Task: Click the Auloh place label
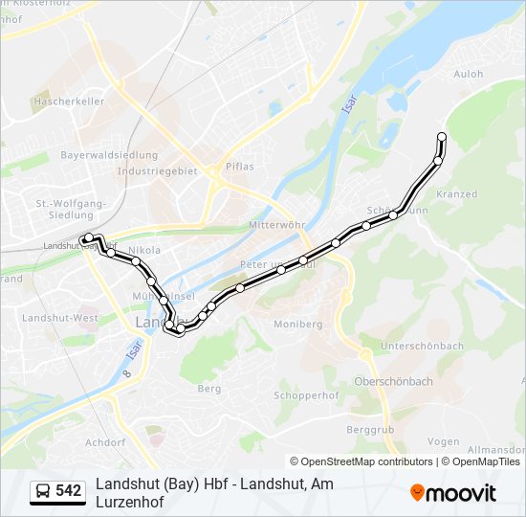469,74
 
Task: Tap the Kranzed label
456,194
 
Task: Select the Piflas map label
239,166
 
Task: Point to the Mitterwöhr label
274,225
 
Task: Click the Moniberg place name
297,325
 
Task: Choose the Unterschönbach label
422,346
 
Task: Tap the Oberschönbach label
393,381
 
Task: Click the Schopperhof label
301,395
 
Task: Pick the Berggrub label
371,430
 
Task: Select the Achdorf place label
105,442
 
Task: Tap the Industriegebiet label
157,171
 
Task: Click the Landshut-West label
60,317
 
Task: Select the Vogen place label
444,441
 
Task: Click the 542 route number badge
69,491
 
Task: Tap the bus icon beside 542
43,492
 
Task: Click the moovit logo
453,493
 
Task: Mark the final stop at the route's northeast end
442,137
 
